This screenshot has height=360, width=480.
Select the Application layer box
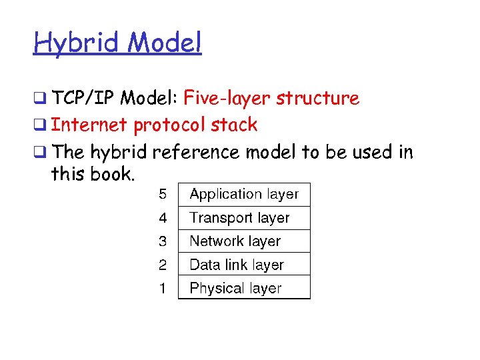point(244,195)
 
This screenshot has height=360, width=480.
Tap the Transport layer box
point(244,218)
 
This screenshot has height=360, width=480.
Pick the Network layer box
point(244,241)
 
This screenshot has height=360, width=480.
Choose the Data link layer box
point(244,265)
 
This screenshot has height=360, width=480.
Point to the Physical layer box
point(244,288)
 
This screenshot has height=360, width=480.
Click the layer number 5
point(163,195)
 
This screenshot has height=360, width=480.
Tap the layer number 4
point(163,218)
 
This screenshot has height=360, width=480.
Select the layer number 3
point(163,241)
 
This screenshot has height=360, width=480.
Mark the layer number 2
point(163,265)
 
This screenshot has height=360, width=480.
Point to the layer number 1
point(163,288)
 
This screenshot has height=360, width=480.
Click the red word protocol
point(174,125)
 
